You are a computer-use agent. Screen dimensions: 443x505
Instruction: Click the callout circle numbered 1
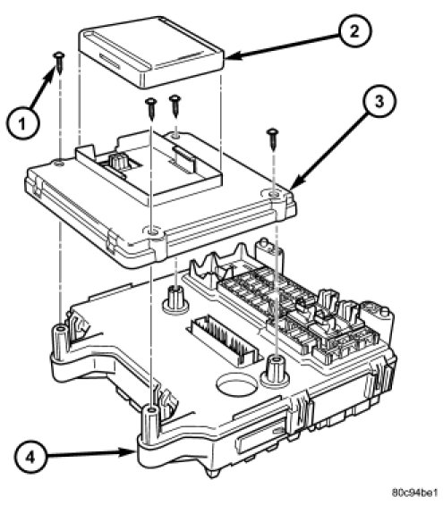point(22,124)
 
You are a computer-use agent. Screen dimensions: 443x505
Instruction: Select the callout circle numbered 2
point(354,31)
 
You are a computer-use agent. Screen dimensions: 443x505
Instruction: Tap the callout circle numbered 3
point(379,102)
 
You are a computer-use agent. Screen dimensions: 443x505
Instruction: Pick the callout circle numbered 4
point(30,457)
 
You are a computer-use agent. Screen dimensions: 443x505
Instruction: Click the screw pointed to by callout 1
point(60,63)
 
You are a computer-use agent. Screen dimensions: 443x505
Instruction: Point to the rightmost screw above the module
point(273,139)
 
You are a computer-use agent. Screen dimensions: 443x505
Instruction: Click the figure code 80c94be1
point(415,492)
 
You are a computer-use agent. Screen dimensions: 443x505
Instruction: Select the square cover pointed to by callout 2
point(151,52)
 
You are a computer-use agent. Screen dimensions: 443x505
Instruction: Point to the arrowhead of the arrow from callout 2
point(232,56)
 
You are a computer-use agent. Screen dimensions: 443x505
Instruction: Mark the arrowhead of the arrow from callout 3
point(294,183)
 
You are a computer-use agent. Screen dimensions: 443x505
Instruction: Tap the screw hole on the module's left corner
point(59,164)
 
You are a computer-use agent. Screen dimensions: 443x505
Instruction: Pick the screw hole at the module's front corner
point(151,231)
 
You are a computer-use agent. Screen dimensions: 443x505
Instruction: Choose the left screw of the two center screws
point(151,108)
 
